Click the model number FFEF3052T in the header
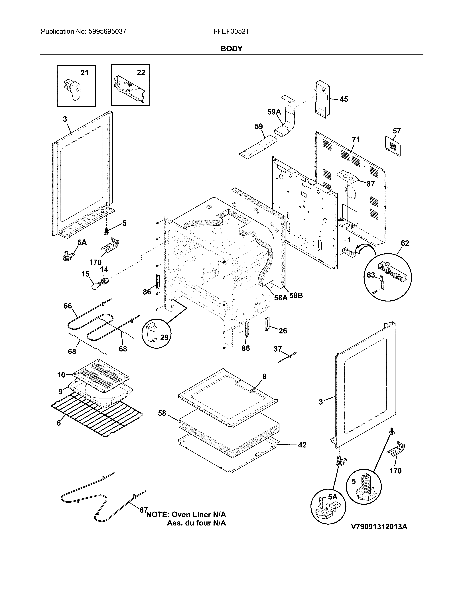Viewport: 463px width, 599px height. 231,32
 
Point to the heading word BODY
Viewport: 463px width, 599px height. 231,49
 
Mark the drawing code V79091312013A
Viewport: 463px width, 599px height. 379,527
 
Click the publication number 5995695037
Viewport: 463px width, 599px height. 107,32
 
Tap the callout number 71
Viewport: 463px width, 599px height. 356,140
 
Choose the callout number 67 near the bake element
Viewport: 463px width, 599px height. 143,510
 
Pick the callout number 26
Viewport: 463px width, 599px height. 283,331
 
